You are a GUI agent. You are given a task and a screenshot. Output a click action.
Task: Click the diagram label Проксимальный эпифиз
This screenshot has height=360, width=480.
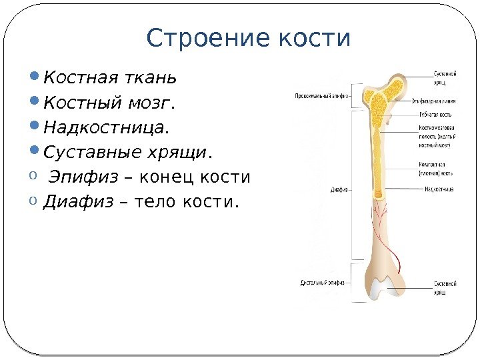pos(319,95)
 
